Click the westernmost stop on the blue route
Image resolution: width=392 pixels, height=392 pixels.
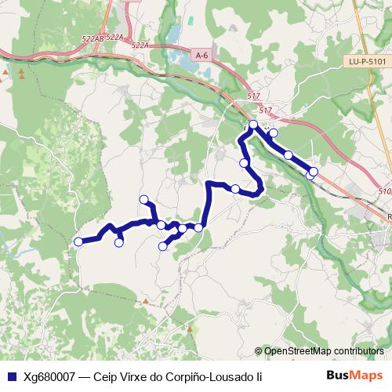tap(78, 241)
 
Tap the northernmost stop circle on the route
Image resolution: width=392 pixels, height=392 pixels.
tap(253, 125)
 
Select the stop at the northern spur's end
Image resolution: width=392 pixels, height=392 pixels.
tap(143, 199)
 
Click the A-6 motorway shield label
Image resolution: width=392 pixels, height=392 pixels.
tap(202, 54)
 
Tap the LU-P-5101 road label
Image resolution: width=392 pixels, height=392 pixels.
tap(367, 61)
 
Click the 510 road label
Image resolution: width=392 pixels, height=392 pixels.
tap(384, 191)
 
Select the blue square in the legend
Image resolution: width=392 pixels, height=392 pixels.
tap(10, 376)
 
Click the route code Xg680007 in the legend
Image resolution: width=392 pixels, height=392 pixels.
tap(49, 376)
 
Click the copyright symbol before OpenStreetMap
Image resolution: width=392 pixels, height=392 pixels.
tap(259, 351)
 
